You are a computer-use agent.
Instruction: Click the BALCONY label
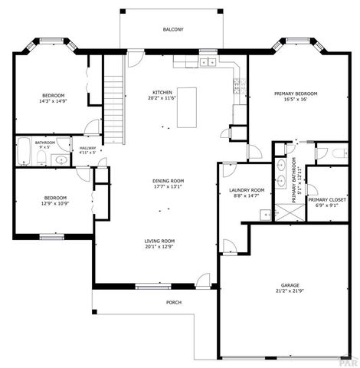[172, 29]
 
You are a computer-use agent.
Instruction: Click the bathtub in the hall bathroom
[24, 153]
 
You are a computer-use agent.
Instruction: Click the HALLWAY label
[87, 147]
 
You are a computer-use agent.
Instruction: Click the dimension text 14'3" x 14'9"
[53, 101]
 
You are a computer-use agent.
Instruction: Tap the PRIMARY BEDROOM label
[296, 94]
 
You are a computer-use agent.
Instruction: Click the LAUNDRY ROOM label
[247, 190]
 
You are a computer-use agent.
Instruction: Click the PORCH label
[174, 302]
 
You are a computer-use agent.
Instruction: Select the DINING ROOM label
[168, 181]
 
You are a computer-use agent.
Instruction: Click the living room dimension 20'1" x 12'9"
[160, 248]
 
